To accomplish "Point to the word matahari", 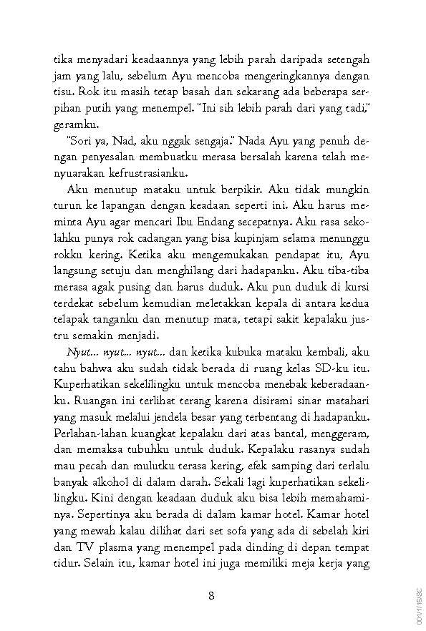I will [x=345, y=406].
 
